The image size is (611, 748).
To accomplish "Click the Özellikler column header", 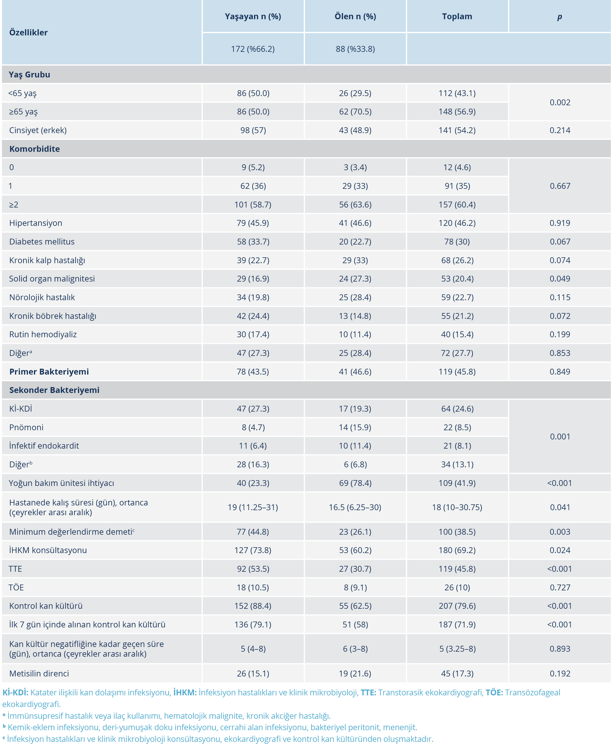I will click(28, 32).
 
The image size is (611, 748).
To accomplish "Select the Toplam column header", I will click(457, 16).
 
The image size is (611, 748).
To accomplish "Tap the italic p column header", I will click(559, 16).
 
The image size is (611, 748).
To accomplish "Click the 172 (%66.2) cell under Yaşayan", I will click(253, 49).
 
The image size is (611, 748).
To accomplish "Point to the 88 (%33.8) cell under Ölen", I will click(355, 49).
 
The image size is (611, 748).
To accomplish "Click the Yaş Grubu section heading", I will click(30, 75).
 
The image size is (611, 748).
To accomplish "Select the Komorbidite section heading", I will click(35, 149).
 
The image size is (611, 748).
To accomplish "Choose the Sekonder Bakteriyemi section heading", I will click(54, 390).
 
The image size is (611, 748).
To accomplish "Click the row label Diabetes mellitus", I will click(42, 242).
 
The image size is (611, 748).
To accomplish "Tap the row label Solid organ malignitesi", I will click(52, 279).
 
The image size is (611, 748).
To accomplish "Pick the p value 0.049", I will click(560, 279).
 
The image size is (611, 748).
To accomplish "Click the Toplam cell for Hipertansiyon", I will click(457, 223).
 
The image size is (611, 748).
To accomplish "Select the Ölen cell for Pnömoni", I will click(355, 427).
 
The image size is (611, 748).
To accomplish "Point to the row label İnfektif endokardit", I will click(44, 446).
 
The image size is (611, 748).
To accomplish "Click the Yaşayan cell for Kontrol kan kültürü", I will click(253, 606).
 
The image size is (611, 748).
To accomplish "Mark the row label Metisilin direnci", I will click(39, 673).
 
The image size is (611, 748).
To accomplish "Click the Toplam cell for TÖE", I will click(457, 587).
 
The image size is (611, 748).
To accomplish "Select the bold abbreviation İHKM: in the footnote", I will click(185, 692).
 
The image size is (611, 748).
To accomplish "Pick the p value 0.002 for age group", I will click(560, 102).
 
